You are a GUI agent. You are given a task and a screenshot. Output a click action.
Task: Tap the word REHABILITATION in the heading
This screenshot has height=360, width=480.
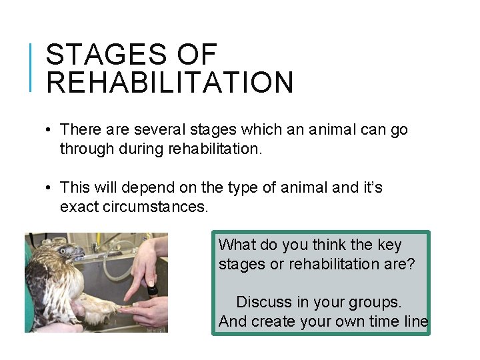170,83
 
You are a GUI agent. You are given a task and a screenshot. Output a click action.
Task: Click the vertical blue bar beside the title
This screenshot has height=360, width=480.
31,67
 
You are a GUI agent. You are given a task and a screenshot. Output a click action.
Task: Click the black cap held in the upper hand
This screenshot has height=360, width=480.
152,290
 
